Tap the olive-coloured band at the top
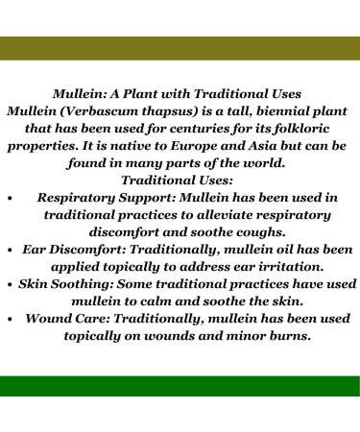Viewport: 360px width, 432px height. [180, 49]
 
